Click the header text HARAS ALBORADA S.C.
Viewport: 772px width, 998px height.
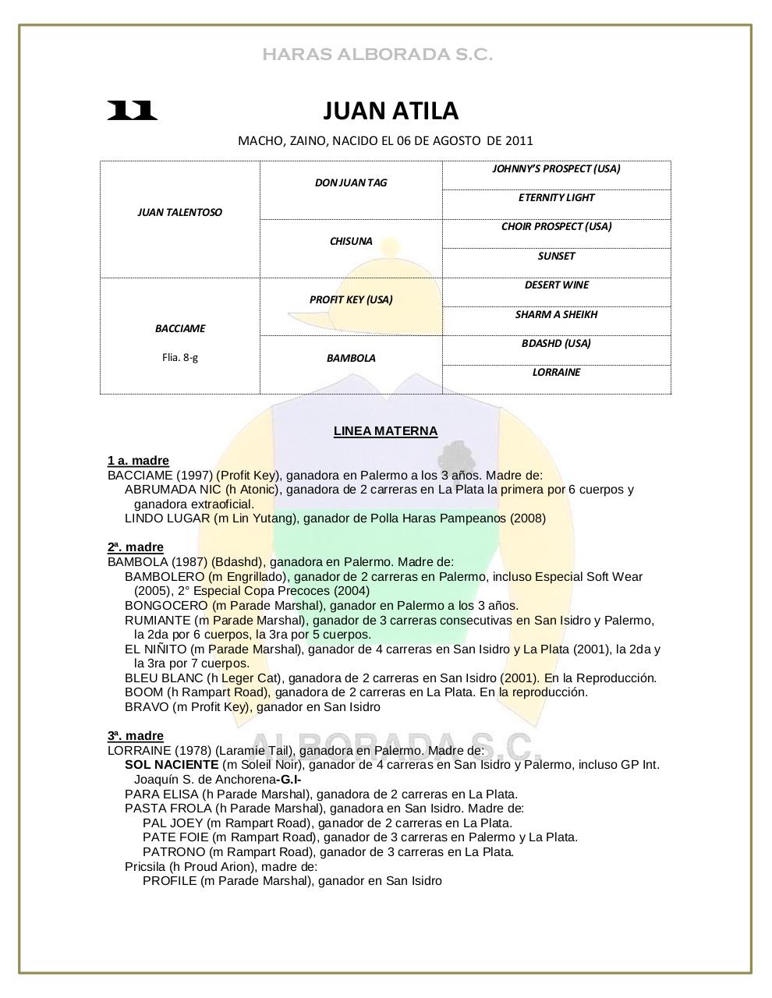(x=377, y=55)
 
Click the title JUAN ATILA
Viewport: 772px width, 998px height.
(x=391, y=111)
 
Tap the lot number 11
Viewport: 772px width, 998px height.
(x=132, y=111)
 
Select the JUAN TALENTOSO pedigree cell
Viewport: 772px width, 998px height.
(x=179, y=212)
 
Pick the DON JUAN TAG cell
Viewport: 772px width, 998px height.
(x=351, y=182)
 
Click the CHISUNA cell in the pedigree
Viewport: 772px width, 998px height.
(x=351, y=241)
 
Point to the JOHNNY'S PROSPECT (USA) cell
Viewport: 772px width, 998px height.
(x=556, y=168)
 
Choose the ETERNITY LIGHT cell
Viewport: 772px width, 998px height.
(x=556, y=197)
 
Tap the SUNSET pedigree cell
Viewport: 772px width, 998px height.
(x=556, y=256)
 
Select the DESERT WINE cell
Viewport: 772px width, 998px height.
(x=556, y=285)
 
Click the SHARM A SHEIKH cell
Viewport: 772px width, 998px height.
(x=556, y=314)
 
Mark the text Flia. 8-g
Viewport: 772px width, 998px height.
(x=179, y=358)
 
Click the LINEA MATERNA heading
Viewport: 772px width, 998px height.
(x=385, y=431)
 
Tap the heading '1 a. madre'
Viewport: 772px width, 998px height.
(x=138, y=461)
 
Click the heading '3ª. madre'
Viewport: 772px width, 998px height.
(x=136, y=736)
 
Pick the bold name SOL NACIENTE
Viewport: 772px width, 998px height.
(x=172, y=765)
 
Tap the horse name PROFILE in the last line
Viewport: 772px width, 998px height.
(x=169, y=881)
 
